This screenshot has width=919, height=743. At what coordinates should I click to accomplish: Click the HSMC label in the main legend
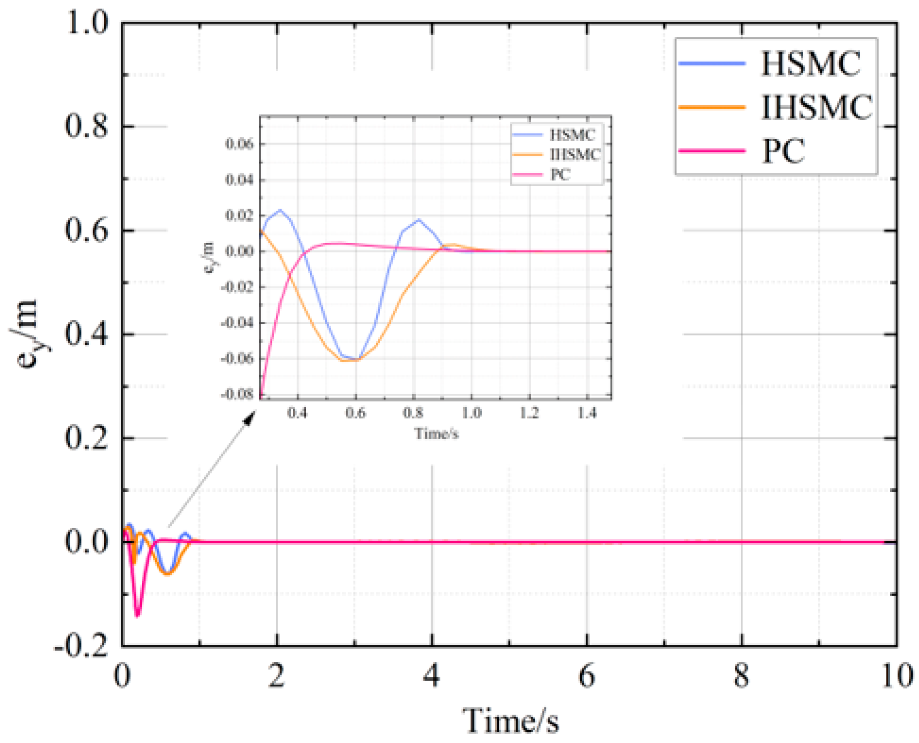[810, 64]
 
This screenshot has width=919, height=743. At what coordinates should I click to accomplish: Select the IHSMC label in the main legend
[816, 107]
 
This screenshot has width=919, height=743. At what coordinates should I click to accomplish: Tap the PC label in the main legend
[784, 151]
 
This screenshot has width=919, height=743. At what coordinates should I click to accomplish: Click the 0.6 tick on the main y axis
[86, 230]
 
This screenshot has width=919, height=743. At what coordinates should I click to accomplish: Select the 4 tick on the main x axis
[431, 676]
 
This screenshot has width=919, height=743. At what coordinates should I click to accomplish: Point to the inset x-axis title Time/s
[436, 433]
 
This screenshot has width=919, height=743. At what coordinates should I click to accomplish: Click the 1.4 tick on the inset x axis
[587, 413]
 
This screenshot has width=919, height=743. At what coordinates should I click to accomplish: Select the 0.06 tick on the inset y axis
[239, 143]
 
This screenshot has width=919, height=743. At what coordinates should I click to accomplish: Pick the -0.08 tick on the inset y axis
[237, 394]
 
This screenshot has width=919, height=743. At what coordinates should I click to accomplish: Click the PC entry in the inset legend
[560, 175]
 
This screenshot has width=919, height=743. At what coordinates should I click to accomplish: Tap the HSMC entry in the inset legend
[572, 135]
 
